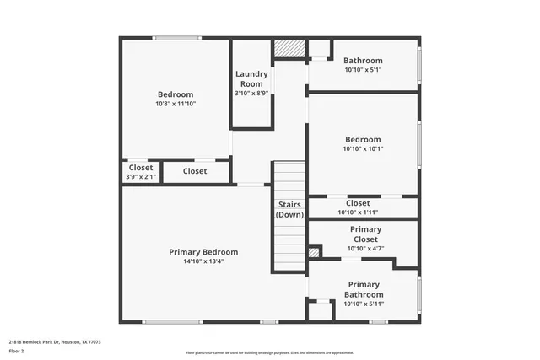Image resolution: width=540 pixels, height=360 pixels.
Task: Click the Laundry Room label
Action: (251, 78)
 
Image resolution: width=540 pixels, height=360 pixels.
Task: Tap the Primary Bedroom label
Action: (203, 252)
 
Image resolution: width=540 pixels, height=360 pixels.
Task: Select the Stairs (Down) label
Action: (289, 210)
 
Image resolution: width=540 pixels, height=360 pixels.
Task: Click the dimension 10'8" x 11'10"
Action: (175, 104)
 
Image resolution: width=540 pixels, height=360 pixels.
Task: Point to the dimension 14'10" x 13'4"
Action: (203, 261)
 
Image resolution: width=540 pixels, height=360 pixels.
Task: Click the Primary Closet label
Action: (365, 234)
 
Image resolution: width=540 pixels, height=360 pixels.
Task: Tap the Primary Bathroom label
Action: (364, 289)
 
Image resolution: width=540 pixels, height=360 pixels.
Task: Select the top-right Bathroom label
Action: (363, 61)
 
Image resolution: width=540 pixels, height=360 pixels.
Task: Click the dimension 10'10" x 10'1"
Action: (363, 148)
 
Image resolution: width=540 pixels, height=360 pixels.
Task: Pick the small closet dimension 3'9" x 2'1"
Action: (141, 177)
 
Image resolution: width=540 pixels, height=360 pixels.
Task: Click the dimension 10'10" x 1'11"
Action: (358, 212)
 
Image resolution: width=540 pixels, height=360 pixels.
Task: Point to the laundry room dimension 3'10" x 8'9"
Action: (251, 93)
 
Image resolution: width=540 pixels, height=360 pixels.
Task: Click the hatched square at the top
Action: (291, 49)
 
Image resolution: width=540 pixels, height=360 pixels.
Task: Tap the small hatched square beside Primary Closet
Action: (314, 252)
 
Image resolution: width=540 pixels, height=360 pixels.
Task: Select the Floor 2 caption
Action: (17, 351)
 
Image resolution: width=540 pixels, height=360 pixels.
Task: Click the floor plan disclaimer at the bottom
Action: (270, 352)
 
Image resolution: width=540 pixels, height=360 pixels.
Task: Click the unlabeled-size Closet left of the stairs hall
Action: (195, 171)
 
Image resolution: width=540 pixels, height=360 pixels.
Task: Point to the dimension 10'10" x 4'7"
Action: (365, 249)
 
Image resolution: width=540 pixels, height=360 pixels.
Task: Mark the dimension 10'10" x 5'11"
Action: (364, 304)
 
